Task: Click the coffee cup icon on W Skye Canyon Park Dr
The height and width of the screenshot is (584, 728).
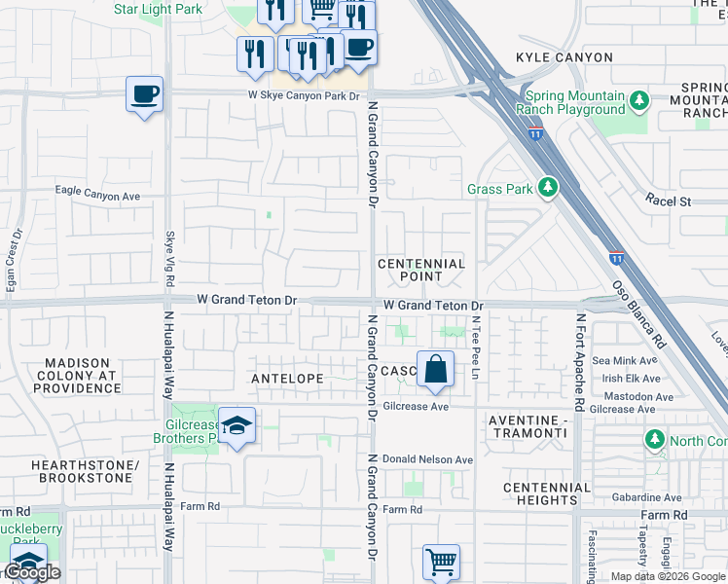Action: pyautogui.click(x=144, y=95)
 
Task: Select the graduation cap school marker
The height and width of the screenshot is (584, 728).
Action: pyautogui.click(x=236, y=426)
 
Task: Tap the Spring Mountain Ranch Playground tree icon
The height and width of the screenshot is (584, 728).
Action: pyautogui.click(x=639, y=101)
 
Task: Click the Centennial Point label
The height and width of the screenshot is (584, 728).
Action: pyautogui.click(x=421, y=270)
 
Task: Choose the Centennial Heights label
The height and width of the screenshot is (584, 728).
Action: pyautogui.click(x=547, y=493)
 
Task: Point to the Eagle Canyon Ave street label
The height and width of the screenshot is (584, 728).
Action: pyautogui.click(x=97, y=196)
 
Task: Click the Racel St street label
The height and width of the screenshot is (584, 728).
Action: pyautogui.click(x=668, y=201)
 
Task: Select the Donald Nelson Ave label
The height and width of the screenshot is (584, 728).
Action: pyautogui.click(x=427, y=459)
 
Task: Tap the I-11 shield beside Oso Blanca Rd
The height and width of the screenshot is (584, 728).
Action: pyautogui.click(x=616, y=258)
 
